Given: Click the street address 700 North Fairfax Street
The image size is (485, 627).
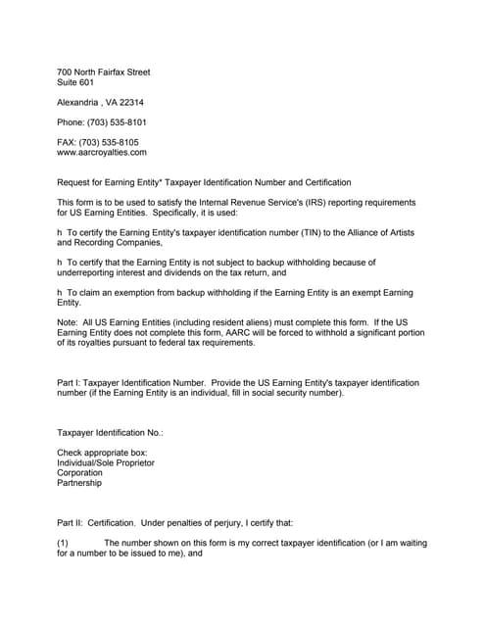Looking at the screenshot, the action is pos(103,72).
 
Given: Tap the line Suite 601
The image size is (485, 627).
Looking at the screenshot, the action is pos(76,83).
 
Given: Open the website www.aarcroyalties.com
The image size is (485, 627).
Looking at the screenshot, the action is pos(102,153).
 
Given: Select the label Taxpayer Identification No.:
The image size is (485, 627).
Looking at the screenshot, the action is pos(110,432).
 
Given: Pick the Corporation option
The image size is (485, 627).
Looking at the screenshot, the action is pos(79,472).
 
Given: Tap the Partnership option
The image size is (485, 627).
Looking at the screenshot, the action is pos(79,483).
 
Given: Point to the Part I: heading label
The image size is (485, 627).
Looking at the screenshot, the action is pos(69,381).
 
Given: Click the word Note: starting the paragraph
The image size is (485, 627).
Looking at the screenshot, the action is pos(69,321).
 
